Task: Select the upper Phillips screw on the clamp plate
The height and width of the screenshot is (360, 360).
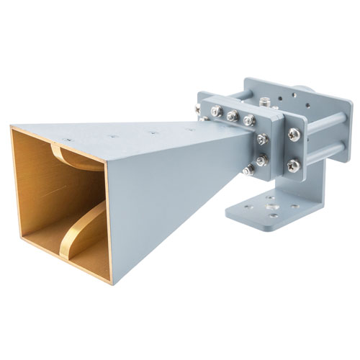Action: click(294, 135)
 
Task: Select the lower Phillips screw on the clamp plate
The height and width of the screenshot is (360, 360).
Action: click(293, 166)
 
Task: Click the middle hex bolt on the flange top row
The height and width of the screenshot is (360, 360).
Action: click(232, 116)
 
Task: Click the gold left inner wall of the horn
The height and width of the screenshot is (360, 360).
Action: click(29, 194)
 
